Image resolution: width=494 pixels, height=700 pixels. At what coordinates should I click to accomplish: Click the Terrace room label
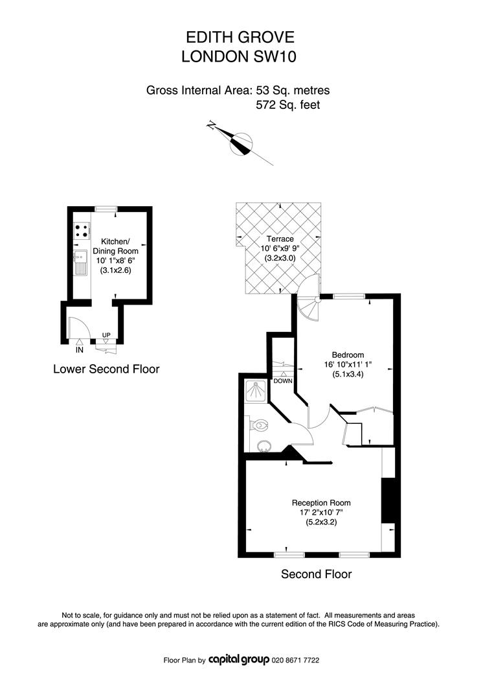pyautogui.click(x=280, y=239)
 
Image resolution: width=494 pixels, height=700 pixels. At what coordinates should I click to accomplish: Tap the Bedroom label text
pyautogui.click(x=348, y=355)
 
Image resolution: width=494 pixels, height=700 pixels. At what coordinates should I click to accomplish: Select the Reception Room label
pyautogui.click(x=321, y=503)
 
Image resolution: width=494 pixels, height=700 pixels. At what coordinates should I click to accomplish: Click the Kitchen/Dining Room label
pyautogui.click(x=115, y=246)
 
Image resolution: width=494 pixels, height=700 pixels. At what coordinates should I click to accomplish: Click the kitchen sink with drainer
pyautogui.click(x=81, y=262)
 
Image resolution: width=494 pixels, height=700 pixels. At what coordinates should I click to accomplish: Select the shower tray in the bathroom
pyautogui.click(x=256, y=391)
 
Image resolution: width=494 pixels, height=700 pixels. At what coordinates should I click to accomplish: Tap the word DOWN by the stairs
pyautogui.click(x=283, y=381)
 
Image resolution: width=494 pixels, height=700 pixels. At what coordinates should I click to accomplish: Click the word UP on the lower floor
pyautogui.click(x=106, y=335)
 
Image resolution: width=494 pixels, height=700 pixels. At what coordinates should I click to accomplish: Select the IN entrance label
pyautogui.click(x=80, y=350)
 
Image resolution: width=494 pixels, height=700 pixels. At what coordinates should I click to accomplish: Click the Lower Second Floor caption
pyautogui.click(x=106, y=369)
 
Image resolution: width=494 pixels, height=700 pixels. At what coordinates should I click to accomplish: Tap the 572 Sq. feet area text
pyautogui.click(x=288, y=105)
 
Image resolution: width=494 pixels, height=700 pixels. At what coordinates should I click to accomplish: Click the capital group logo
pyautogui.click(x=238, y=659)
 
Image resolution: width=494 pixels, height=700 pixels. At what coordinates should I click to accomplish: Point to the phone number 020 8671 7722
pyautogui.click(x=295, y=660)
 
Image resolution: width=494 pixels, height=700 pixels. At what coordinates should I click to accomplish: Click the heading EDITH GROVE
pyautogui.click(x=240, y=37)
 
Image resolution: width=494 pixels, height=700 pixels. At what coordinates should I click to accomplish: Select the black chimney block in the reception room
pyautogui.click(x=388, y=500)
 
